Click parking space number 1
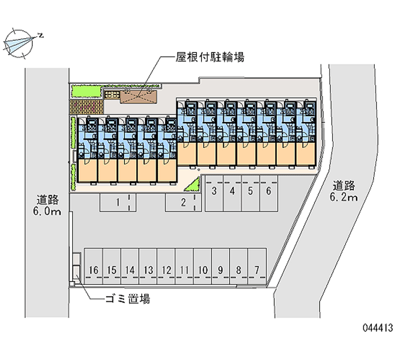(118, 202)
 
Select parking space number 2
(183, 202)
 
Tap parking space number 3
(214, 191)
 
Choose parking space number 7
(257, 270)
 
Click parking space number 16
(94, 270)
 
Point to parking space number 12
(166, 270)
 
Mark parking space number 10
(202, 270)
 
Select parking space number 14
(130, 270)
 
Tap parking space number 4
(232, 191)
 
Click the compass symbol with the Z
(20, 41)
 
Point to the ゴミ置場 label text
(127, 299)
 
